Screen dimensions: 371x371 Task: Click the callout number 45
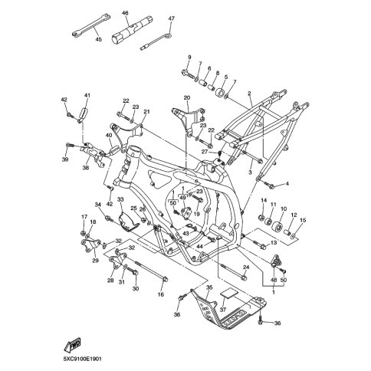coord(99,39)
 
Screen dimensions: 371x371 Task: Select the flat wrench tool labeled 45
coord(91,25)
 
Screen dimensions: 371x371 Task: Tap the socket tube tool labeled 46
coord(131,31)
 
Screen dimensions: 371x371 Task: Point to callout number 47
coord(172,18)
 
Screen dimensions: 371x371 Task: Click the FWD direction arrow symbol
coord(73,344)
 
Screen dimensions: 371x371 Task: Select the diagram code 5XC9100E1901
coord(83,359)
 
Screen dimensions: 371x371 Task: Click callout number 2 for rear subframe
coord(249,94)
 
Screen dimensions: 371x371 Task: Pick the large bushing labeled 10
coord(277,226)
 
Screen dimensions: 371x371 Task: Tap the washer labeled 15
coord(294,235)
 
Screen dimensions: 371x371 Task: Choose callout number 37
coord(223,310)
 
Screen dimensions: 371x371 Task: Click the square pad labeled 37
coord(229,293)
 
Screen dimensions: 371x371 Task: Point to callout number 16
coord(160,294)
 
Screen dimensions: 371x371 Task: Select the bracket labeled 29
coord(90,244)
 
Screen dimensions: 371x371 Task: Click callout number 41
coord(87,95)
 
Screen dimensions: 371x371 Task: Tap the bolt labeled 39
coord(70,146)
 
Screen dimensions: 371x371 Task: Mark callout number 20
coord(187,97)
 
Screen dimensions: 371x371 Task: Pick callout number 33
coord(120,199)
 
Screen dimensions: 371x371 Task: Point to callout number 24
coord(246,268)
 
